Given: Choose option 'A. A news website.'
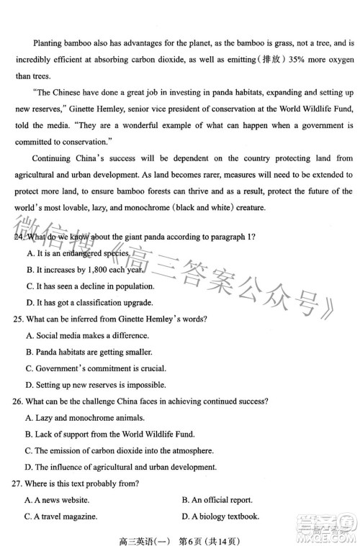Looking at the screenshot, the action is point(57,499).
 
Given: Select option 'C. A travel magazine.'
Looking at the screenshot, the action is point(60,516).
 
